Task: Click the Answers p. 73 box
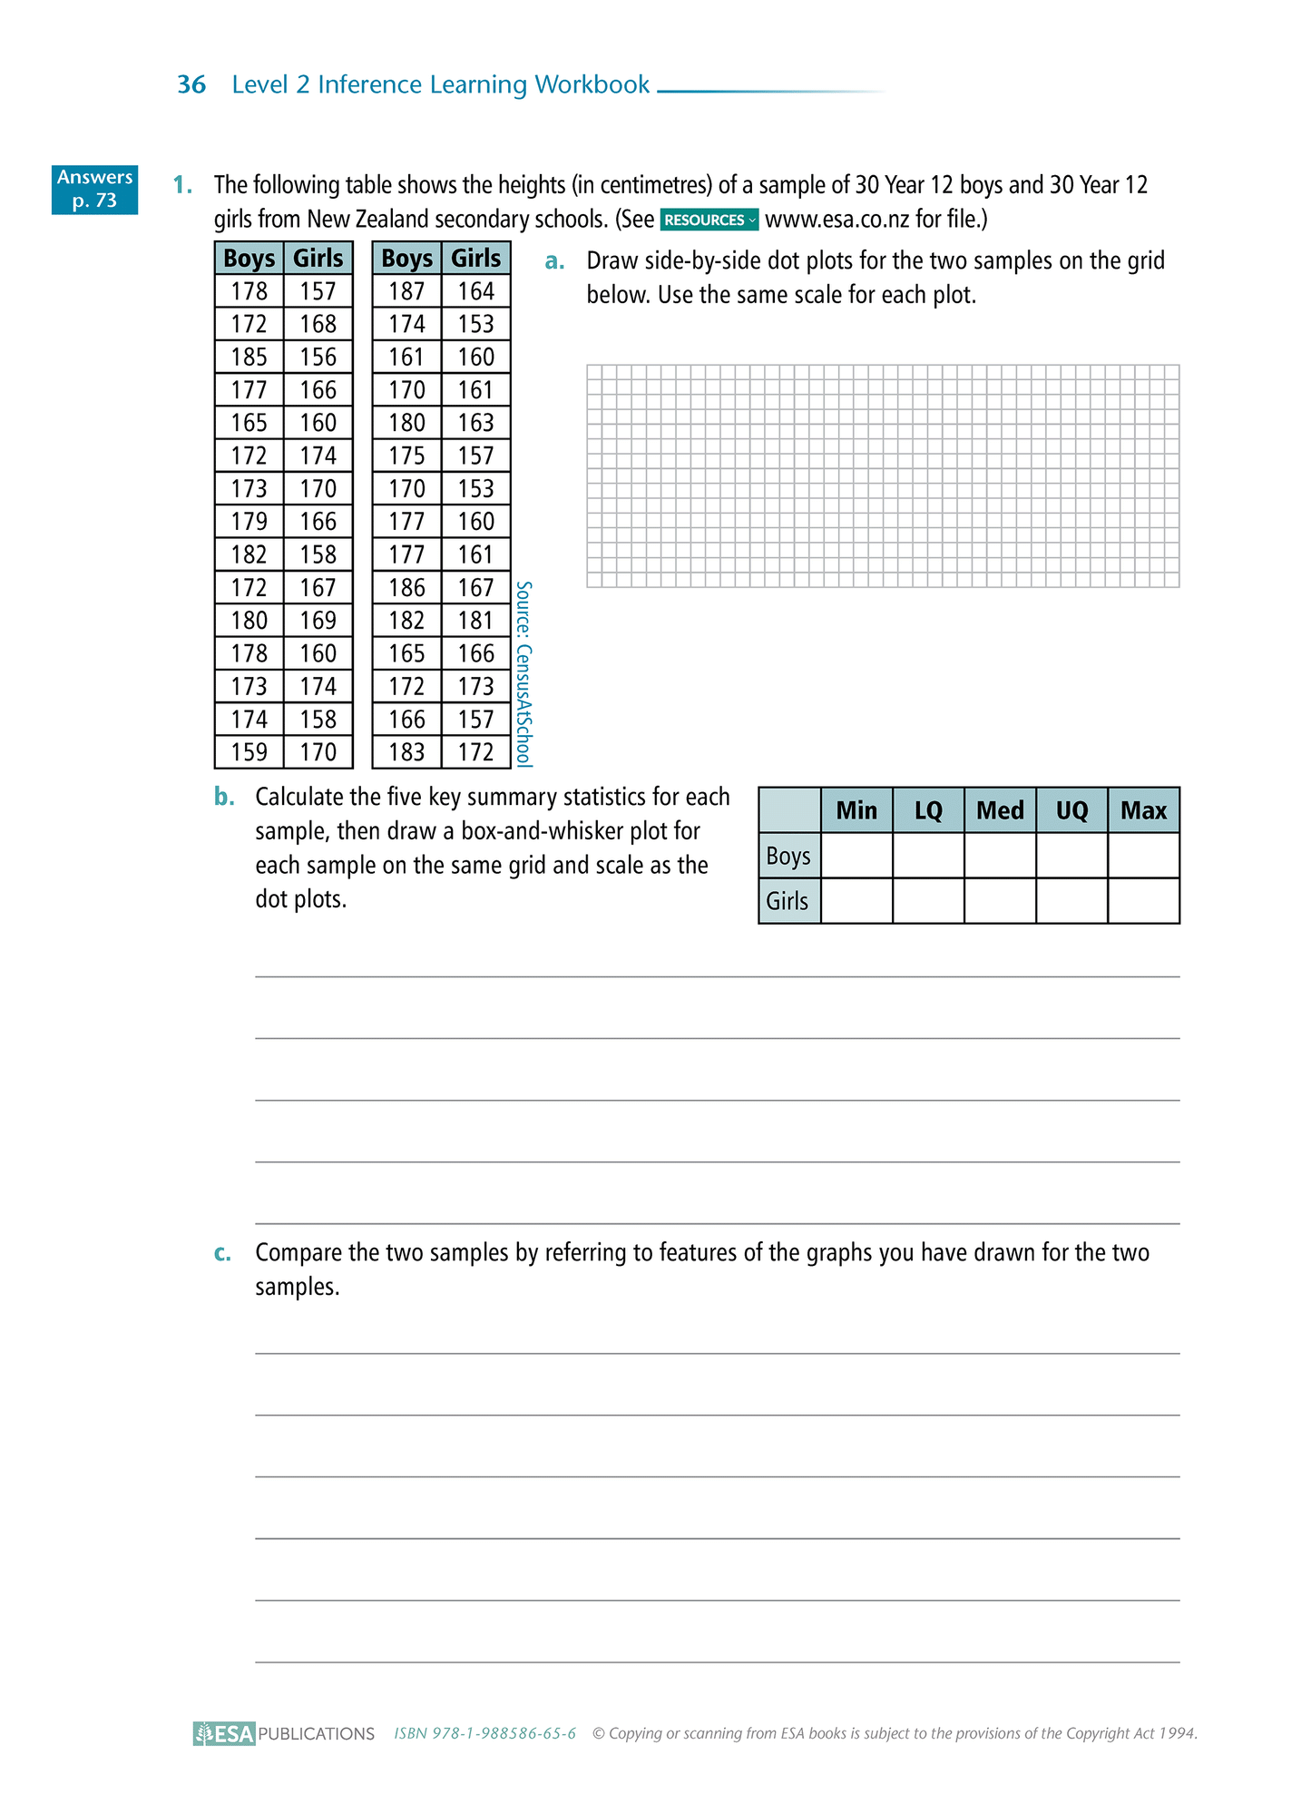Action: [94, 189]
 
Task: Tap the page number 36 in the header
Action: [191, 84]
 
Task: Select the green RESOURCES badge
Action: [709, 220]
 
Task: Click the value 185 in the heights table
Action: [249, 357]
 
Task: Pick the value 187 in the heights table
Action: [406, 291]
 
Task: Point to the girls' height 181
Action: [475, 621]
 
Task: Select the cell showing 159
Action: [249, 752]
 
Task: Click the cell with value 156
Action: [318, 357]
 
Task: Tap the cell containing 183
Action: [406, 752]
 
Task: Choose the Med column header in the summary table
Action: [1000, 810]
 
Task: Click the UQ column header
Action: [1071, 810]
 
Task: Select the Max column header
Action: [1143, 810]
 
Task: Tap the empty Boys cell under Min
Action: [856, 856]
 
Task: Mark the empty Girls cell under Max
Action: [1143, 901]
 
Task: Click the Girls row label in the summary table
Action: [788, 901]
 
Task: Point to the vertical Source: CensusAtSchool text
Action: [523, 674]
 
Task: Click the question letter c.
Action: [222, 1253]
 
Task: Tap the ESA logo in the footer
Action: [224, 1734]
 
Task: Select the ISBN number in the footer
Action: [484, 1733]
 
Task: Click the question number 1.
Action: [182, 185]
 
